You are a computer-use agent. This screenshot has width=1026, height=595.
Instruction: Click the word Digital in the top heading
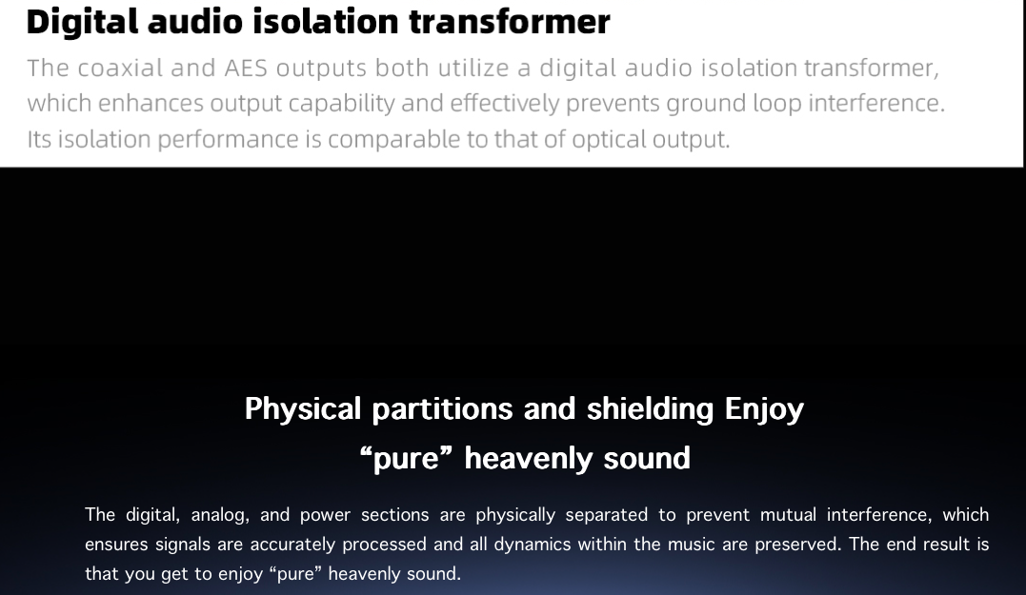coord(83,22)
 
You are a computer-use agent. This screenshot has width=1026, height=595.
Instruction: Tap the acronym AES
coord(246,68)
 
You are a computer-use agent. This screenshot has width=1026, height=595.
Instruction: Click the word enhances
coord(151,104)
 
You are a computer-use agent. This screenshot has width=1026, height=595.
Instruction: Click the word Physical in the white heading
coord(302,409)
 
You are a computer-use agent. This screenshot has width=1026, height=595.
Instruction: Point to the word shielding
coord(650,409)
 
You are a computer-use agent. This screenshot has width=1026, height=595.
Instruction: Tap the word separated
coord(607,515)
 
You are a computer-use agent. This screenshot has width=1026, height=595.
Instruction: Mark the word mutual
coord(788,515)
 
